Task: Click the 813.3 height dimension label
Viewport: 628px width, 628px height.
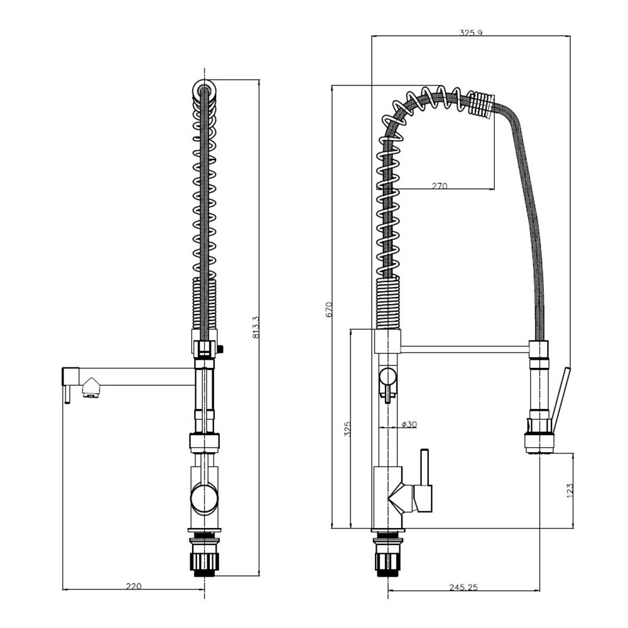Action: pyautogui.click(x=256, y=327)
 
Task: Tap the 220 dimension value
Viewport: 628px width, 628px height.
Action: pyautogui.click(x=134, y=587)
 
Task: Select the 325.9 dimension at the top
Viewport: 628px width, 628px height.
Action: pyautogui.click(x=470, y=33)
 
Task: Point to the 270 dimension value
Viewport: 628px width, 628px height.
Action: pyautogui.click(x=440, y=186)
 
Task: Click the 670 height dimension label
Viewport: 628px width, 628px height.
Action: pyautogui.click(x=329, y=310)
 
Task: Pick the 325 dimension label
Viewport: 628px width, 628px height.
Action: pyautogui.click(x=347, y=429)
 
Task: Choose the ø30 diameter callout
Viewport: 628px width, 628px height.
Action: pyautogui.click(x=409, y=424)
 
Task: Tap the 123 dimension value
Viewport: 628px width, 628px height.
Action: pyautogui.click(x=570, y=491)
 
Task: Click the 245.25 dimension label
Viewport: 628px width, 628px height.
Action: pyautogui.click(x=463, y=587)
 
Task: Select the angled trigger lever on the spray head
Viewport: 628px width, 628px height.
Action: pyautogui.click(x=560, y=401)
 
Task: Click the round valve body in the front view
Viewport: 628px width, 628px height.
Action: pyautogui.click(x=205, y=498)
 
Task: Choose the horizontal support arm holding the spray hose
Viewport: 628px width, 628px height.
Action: pyautogui.click(x=465, y=349)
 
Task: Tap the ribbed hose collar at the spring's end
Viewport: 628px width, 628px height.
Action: pyautogui.click(x=482, y=105)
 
